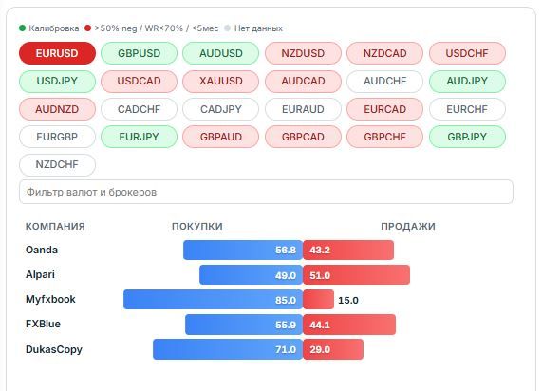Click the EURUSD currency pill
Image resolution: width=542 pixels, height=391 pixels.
(57, 53)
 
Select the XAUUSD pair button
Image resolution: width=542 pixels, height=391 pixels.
(221, 82)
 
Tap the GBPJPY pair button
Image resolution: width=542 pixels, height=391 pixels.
(467, 137)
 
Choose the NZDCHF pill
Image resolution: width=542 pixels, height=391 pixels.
(57, 165)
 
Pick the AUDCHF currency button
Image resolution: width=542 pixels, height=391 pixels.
(384, 82)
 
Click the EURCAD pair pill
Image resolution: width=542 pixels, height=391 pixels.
(384, 109)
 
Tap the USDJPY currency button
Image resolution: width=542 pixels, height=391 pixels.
(57, 82)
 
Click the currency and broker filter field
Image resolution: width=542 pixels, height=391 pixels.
(266, 192)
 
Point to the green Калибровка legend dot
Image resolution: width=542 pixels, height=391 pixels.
(23, 28)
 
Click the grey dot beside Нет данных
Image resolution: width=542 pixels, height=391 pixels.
(227, 28)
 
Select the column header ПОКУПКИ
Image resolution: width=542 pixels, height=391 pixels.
(197, 227)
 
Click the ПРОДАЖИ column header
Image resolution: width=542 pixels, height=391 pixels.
(408, 227)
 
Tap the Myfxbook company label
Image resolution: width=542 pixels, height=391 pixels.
(50, 299)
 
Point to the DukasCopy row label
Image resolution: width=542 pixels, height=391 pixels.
(54, 349)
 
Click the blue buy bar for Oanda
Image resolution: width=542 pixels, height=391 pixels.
(243, 250)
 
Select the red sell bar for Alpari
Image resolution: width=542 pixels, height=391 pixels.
(356, 275)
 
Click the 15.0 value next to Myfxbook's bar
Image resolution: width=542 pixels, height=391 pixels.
(348, 300)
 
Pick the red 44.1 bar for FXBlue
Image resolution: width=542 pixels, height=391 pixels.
(349, 325)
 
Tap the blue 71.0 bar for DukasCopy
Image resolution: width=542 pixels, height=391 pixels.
(228, 349)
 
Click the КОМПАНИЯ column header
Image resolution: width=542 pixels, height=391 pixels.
(55, 227)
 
